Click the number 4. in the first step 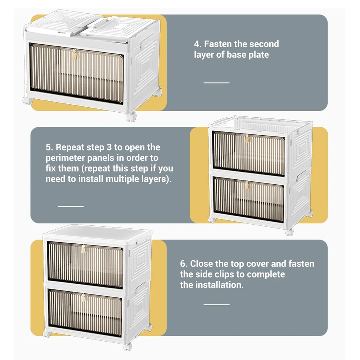tap(198, 44)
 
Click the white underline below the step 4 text tap(216, 83)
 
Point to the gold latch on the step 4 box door tap(74, 54)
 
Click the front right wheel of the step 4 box tap(131, 116)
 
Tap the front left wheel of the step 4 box tap(28, 100)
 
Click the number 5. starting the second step tap(49, 147)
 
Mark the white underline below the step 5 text tap(71, 206)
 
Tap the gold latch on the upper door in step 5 tap(247, 139)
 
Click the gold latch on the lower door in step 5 tap(247, 185)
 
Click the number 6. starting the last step tap(184, 264)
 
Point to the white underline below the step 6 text tap(216, 305)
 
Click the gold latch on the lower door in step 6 tap(84, 298)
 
